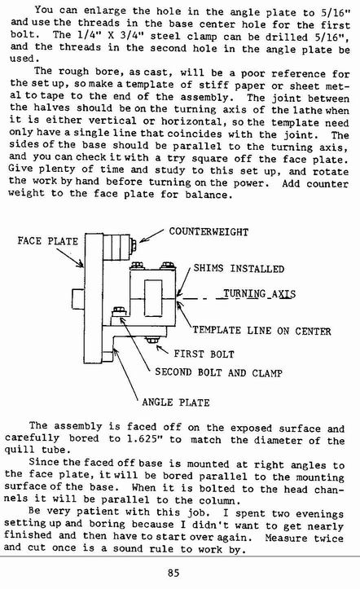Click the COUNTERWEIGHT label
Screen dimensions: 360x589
point(209,231)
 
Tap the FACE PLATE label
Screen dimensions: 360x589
point(48,241)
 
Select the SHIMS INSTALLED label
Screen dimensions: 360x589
point(239,269)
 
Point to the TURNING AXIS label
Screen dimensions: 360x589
point(259,293)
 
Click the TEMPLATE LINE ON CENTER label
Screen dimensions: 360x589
point(262,331)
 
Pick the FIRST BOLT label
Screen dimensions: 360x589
point(204,354)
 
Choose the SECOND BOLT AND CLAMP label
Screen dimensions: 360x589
point(218,372)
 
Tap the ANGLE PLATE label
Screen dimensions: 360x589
point(176,402)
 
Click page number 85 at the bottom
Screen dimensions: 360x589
point(173,573)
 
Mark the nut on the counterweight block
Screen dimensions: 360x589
point(133,246)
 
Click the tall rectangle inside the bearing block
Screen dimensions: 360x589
point(153,298)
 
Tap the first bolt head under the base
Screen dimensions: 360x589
point(152,341)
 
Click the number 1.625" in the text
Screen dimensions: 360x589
point(140,439)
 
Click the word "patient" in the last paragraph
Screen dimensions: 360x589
point(99,512)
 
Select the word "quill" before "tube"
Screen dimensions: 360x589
point(17,450)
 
